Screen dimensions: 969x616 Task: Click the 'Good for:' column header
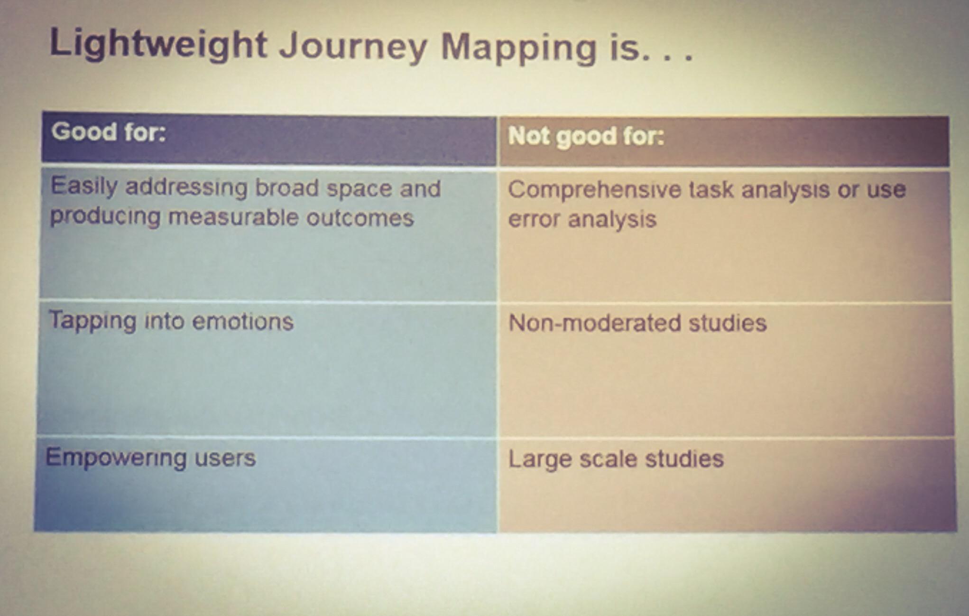109,131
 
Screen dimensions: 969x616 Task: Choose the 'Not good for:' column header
586,137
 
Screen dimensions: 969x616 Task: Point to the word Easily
84,186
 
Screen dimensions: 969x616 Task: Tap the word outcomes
360,218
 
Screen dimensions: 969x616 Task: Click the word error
534,219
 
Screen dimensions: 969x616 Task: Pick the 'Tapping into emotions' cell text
171,321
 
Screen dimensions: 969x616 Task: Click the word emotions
243,322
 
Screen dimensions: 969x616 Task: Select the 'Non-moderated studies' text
637,323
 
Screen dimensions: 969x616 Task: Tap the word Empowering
116,458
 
